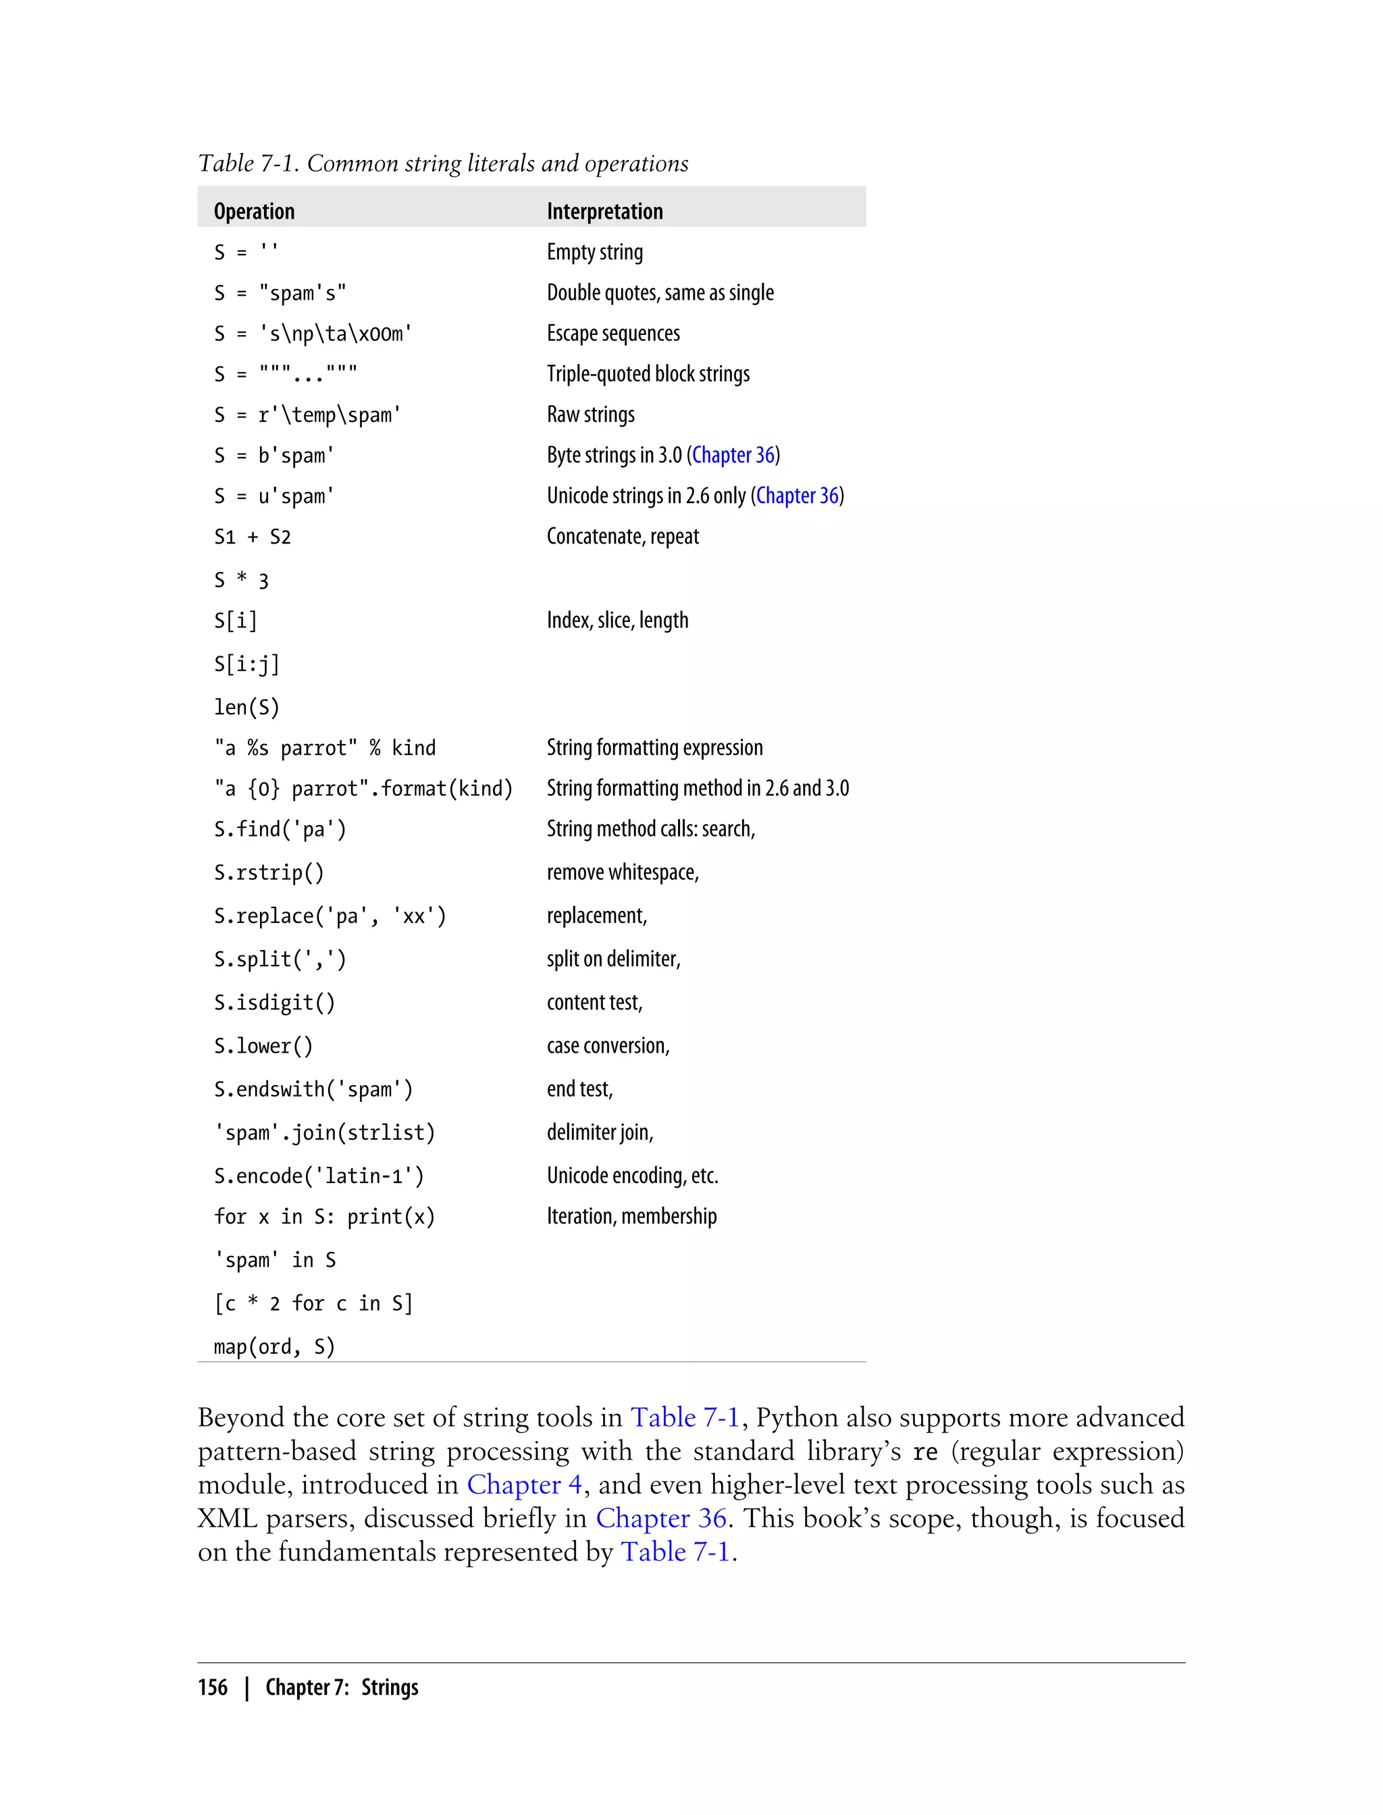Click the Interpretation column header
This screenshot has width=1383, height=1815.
[604, 211]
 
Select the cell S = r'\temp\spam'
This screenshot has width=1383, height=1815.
[307, 414]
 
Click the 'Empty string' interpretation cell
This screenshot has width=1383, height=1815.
[594, 252]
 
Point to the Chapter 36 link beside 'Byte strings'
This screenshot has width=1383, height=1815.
[733, 455]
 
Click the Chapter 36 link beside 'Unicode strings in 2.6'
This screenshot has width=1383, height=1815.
[797, 496]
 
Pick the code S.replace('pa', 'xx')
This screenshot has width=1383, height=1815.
[330, 916]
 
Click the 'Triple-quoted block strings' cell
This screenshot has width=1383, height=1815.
[648, 373]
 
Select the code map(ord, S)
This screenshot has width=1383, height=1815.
[274, 1346]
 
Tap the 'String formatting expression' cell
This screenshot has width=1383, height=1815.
[654, 747]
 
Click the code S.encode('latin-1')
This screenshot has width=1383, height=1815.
[319, 1176]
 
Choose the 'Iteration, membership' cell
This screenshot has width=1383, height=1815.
[631, 1216]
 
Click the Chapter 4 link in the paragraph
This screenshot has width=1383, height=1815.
[525, 1484]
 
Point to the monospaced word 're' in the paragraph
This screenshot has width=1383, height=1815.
[924, 1452]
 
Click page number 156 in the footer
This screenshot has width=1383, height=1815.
[213, 1687]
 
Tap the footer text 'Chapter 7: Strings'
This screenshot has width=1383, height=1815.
[342, 1687]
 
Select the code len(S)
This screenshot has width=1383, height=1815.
[246, 707]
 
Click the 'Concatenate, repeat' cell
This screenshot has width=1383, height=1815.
[623, 537]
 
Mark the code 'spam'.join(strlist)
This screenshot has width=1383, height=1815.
[324, 1132]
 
